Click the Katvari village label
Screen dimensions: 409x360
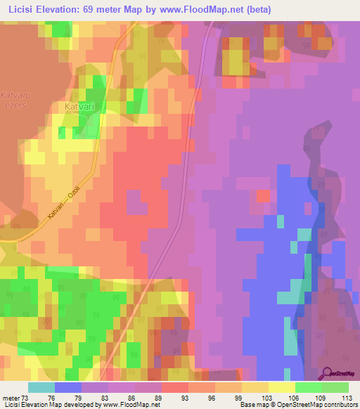(79, 106)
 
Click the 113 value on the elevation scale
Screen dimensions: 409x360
(346, 398)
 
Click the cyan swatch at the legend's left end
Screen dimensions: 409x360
(41, 387)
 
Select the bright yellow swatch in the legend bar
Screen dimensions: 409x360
(281, 387)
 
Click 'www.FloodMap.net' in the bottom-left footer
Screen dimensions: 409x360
(129, 405)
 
